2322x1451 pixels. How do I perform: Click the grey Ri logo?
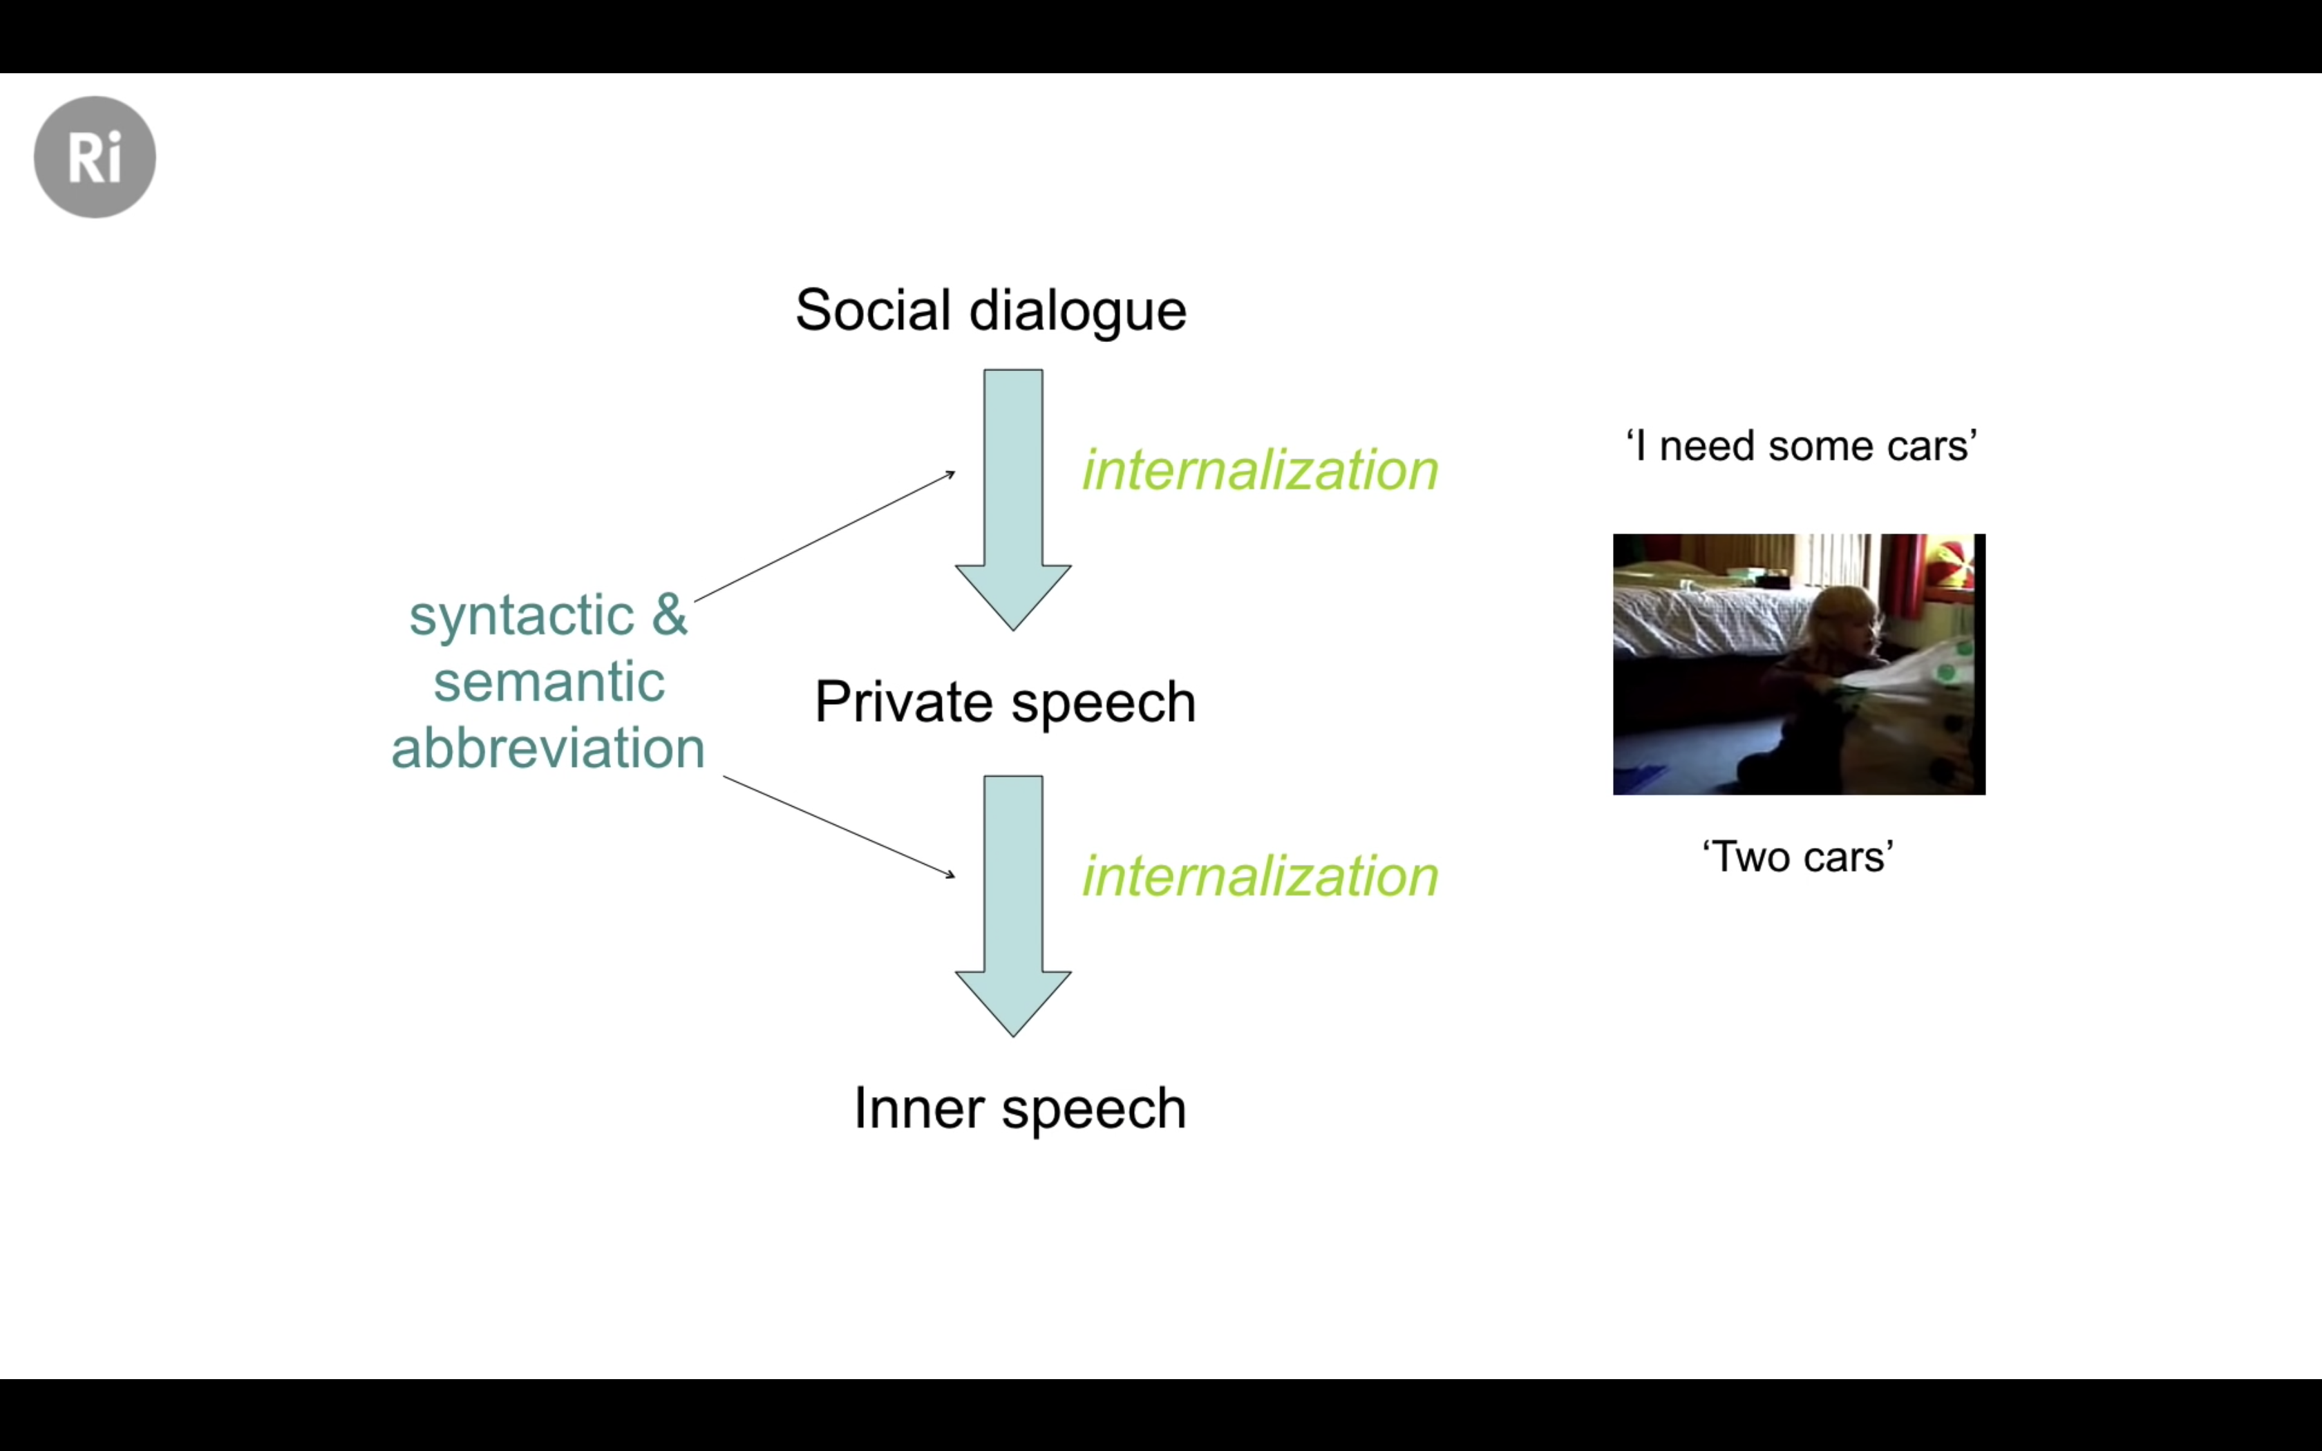click(x=95, y=156)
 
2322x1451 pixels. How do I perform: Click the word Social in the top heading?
click(x=873, y=310)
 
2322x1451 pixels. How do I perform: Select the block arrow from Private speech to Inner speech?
click(x=1013, y=906)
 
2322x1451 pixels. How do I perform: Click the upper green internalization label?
click(x=1261, y=471)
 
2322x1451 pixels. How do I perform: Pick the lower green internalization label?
click(x=1261, y=876)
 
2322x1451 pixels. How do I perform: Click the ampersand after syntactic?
click(x=670, y=614)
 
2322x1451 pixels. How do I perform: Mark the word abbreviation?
click(x=548, y=748)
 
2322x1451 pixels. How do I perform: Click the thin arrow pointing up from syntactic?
click(x=825, y=536)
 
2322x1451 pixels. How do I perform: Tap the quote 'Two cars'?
click(x=1798, y=857)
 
